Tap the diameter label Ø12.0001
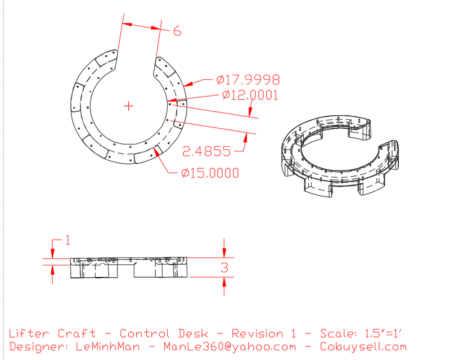point(250,96)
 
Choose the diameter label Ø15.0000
point(210,173)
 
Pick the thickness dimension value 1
point(67,241)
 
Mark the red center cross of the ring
point(129,105)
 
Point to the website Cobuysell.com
point(362,347)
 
